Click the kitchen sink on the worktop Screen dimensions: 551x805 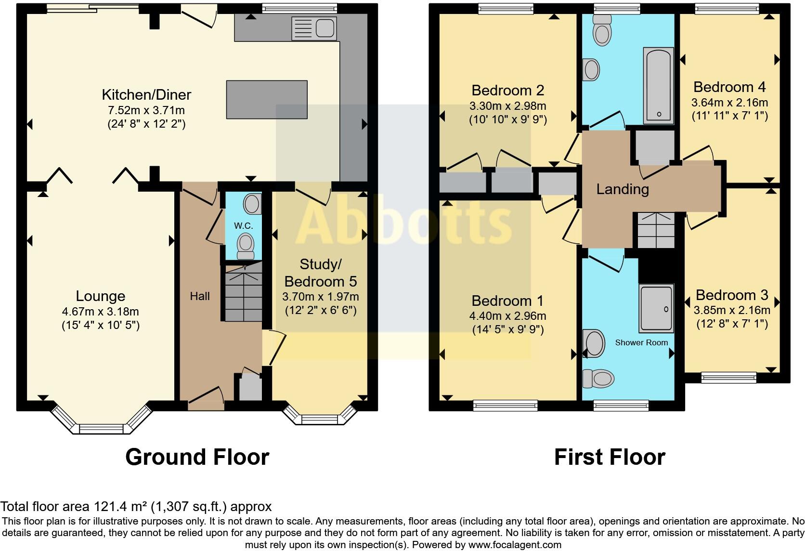point(313,28)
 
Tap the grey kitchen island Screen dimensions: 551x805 point(267,99)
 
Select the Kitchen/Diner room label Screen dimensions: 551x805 point(146,94)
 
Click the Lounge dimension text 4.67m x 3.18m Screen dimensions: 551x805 point(100,312)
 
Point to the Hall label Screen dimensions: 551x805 point(200,296)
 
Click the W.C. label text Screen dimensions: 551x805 point(244,225)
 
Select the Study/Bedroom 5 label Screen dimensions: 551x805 point(321,273)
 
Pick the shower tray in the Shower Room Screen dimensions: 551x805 point(656,309)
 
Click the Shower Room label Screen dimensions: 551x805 point(641,342)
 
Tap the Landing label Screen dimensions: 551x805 point(623,189)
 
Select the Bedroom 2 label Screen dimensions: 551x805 point(507,90)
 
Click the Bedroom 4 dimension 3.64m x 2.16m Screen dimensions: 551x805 point(729,103)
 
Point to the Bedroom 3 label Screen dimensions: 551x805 point(731,295)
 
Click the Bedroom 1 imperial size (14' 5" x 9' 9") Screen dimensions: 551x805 point(507,330)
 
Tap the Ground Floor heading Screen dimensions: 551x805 point(197,457)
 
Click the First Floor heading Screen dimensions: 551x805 point(610,457)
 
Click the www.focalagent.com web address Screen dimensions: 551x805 point(514,545)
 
